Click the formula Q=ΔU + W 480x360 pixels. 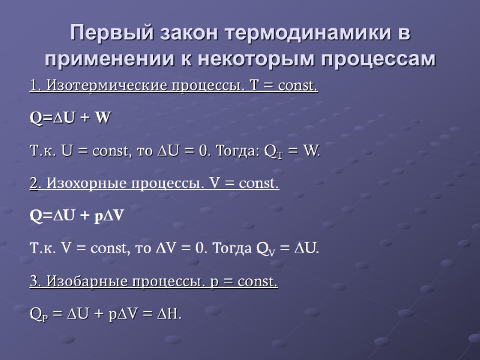coord(70,118)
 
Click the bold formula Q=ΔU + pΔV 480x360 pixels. coord(77,215)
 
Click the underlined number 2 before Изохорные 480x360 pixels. coord(34,183)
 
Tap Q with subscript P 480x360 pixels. coord(37,313)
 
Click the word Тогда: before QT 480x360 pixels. coord(236,151)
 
